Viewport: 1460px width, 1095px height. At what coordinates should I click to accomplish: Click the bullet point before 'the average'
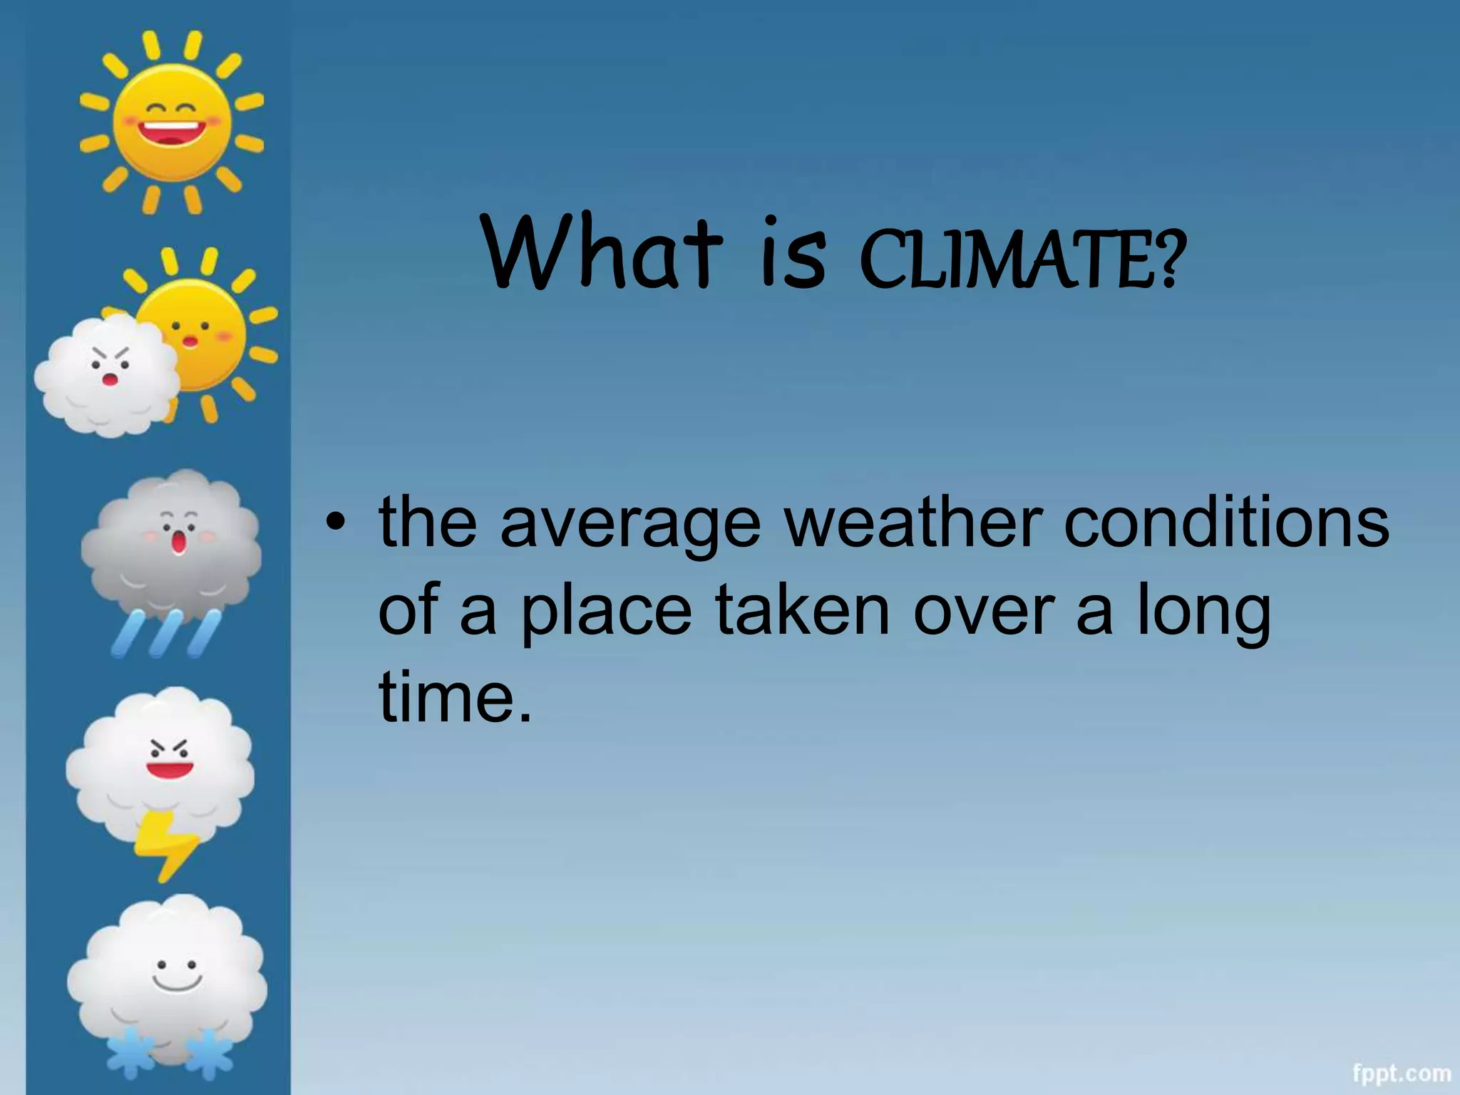click(x=334, y=524)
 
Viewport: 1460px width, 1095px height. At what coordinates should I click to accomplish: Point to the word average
click(x=631, y=526)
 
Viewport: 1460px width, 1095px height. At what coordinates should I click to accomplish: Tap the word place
click(x=606, y=612)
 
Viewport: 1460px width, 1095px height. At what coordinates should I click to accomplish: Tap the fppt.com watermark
click(x=1402, y=1073)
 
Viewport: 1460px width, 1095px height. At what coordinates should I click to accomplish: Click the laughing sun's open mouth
click(x=170, y=133)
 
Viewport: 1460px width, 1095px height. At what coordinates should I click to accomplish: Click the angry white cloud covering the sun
click(x=107, y=375)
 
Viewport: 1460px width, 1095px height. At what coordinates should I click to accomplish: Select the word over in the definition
click(x=983, y=611)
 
